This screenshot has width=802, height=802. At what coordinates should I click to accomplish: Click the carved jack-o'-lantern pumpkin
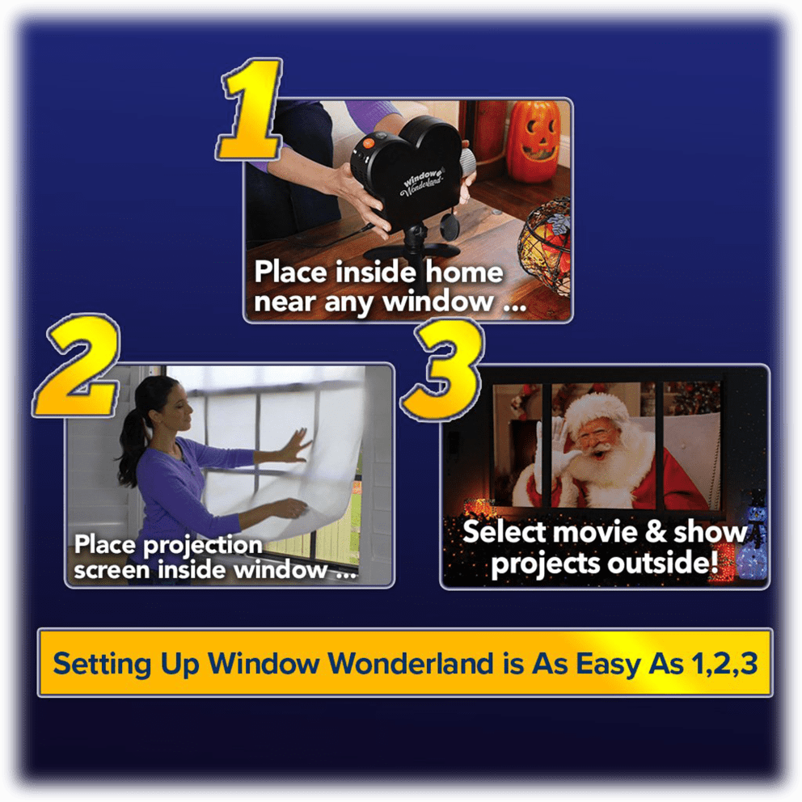pos(532,141)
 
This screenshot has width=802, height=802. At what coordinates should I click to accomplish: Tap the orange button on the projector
pos(367,142)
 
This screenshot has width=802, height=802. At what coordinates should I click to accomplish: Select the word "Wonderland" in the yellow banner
pos(412,663)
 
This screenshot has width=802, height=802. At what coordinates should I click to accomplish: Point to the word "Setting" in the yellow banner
pos(96,663)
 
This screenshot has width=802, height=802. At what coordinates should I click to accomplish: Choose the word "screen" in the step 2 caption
pos(112,569)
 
